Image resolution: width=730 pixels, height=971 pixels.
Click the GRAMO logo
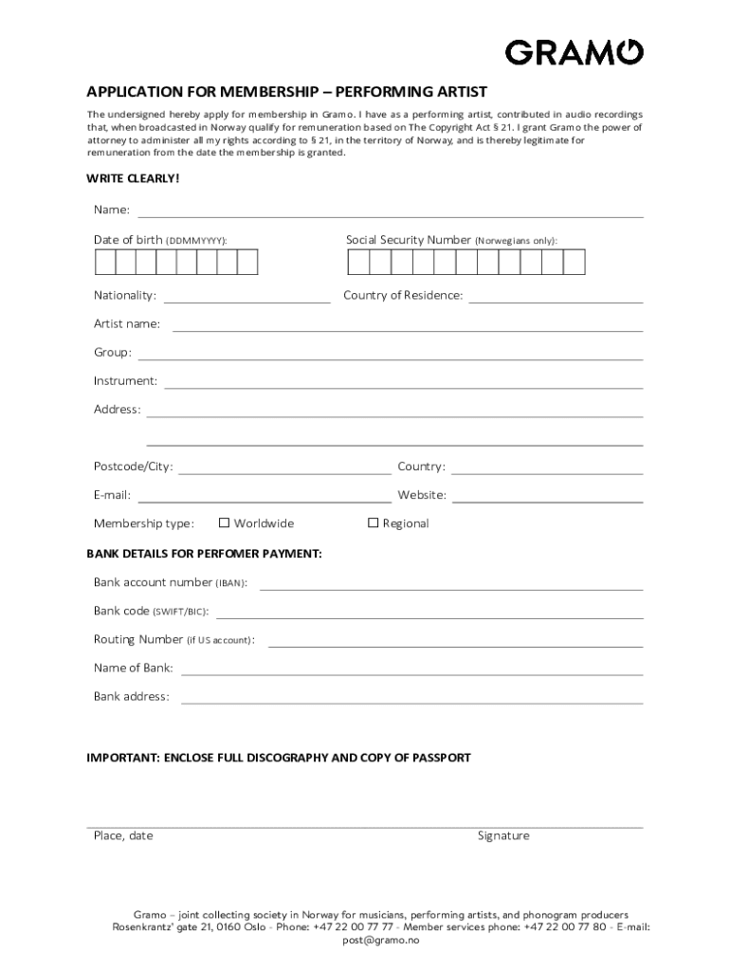[x=575, y=52]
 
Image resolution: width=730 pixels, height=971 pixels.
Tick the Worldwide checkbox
[x=225, y=522]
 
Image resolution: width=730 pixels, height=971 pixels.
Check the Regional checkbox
[x=373, y=522]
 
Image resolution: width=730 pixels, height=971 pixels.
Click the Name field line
[x=391, y=215]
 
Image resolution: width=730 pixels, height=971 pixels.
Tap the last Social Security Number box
[x=575, y=263]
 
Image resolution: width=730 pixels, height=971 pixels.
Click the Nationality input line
[x=247, y=301]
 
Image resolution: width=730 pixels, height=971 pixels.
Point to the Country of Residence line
[x=556, y=301]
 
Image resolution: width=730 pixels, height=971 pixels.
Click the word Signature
[x=503, y=836]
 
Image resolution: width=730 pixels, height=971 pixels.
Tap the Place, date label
[x=123, y=836]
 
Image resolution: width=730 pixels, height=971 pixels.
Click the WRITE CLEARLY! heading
[x=133, y=178]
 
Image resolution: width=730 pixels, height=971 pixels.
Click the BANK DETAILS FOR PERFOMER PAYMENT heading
[x=204, y=553]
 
